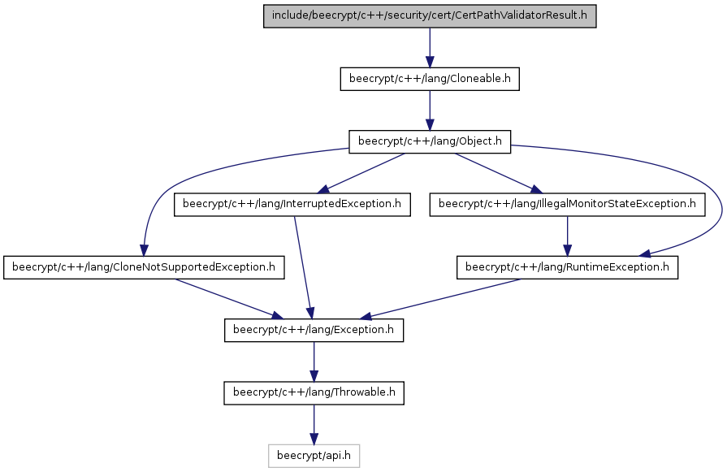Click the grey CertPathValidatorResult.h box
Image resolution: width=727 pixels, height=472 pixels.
coord(430,16)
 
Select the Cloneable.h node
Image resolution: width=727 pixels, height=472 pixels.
coord(430,80)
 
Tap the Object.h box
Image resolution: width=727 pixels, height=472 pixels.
coord(430,142)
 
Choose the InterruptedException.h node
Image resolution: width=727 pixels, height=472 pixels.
coord(292,205)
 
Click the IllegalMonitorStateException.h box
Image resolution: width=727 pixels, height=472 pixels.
coord(567,205)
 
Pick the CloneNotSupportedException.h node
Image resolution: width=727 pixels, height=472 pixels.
coord(144,267)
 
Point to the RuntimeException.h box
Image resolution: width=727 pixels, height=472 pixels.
coord(567,267)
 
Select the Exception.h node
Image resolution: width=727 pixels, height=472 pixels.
coord(314,330)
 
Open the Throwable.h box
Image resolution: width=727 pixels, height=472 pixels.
coord(314,392)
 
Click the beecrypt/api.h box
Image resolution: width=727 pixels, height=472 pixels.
coord(314,456)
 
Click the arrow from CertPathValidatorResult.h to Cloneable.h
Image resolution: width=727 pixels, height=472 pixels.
coord(430,48)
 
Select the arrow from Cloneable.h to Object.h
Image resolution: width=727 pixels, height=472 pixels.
coord(430,110)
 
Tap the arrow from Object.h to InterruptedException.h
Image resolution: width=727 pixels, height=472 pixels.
coord(361,173)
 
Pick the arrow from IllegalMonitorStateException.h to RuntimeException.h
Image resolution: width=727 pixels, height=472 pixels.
coord(567,236)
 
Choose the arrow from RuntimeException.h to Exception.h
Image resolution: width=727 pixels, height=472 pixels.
coord(440,299)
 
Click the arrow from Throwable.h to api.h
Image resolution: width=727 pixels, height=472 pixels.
coord(314,424)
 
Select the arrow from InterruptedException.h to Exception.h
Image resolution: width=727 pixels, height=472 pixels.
coord(303,267)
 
